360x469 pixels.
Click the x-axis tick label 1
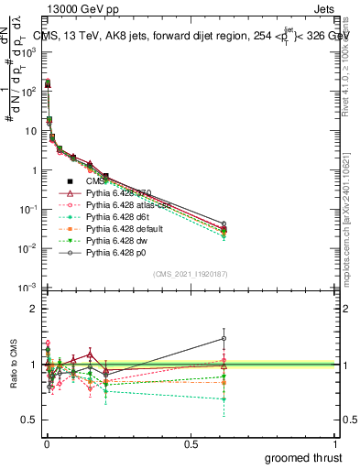[x=335, y=444]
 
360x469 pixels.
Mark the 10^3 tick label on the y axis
[x=29, y=53]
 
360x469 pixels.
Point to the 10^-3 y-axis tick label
[x=29, y=288]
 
